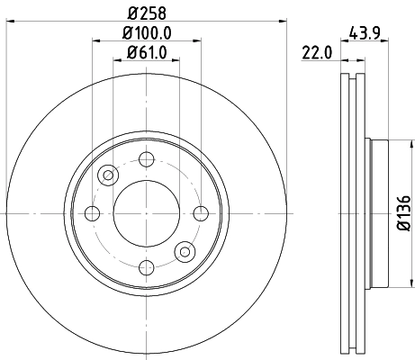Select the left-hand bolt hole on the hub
coord(92,213)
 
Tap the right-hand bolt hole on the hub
coord(200,213)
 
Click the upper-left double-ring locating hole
coord(108,175)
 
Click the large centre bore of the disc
coord(146,213)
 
